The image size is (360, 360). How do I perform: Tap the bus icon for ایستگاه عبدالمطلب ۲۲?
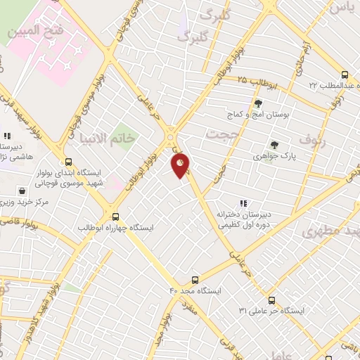coord(345,75)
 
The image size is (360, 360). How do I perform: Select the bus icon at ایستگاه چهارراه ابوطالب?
coord(116,217)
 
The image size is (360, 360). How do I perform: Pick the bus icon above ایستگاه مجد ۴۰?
coord(195,279)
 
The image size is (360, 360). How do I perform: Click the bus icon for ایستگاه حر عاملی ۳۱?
coord(272,300)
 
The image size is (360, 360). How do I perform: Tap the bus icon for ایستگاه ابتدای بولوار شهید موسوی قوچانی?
coord(68,161)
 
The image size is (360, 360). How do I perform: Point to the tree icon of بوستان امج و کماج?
coord(258,103)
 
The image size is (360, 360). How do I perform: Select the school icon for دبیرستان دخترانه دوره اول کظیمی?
coord(243,204)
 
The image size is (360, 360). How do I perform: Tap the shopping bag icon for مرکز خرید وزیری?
coord(22,191)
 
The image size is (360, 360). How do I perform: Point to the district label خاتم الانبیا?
coord(106,137)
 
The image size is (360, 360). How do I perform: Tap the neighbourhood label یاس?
coord(341,7)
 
